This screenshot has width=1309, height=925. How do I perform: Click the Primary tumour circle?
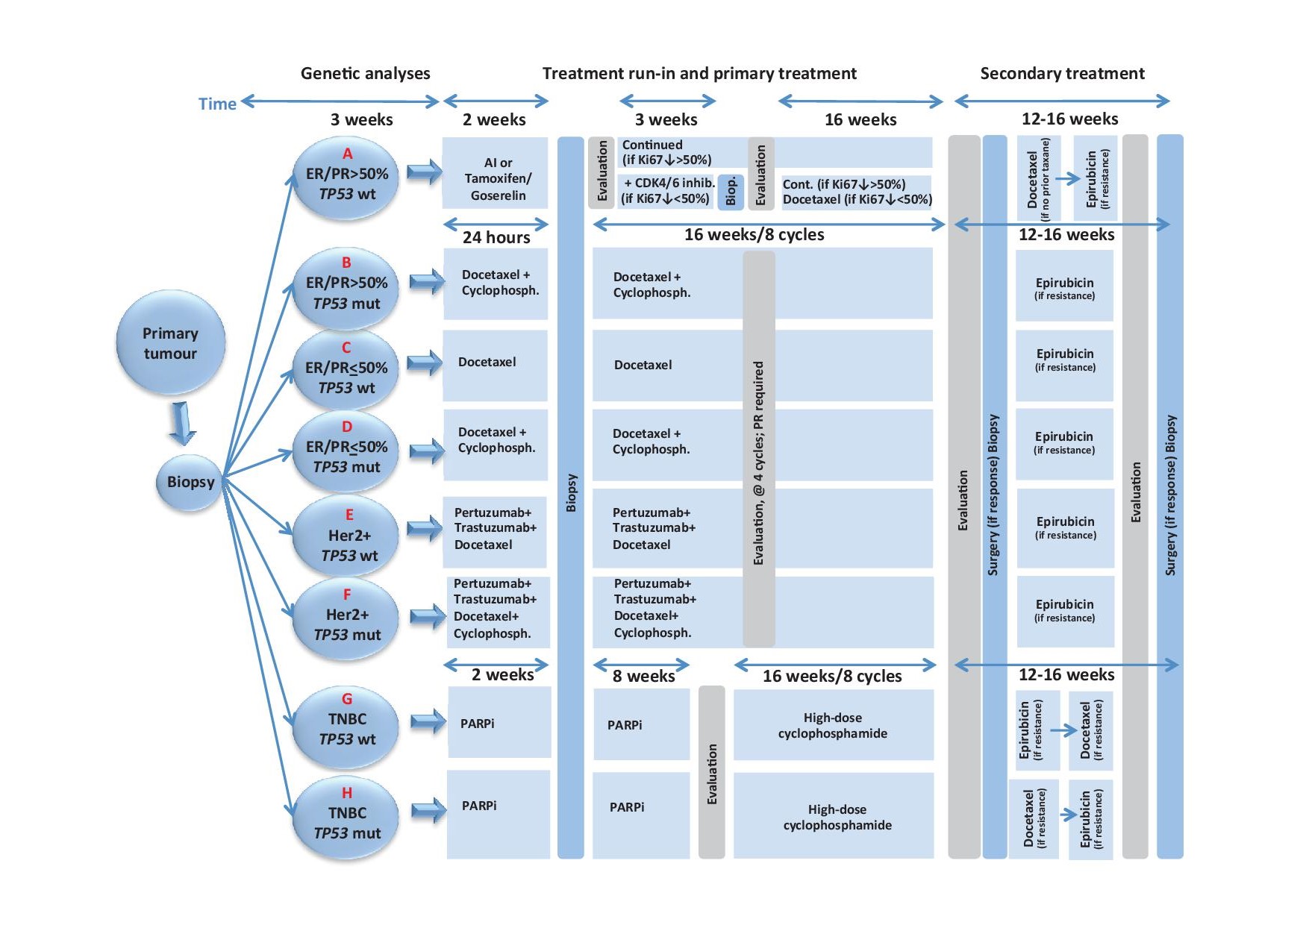point(170,342)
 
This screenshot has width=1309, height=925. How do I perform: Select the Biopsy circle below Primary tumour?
point(190,482)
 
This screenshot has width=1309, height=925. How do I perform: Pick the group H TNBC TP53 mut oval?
point(346,818)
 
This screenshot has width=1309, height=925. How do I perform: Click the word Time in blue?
point(217,104)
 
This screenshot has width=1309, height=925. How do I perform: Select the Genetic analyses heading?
point(365,73)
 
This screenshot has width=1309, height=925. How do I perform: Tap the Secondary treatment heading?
point(1062,73)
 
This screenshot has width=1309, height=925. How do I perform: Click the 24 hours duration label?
point(496,237)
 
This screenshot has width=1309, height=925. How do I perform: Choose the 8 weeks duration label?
point(643,676)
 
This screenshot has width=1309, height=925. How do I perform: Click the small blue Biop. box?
point(731,192)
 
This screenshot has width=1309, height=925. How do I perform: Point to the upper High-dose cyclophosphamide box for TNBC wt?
point(833,725)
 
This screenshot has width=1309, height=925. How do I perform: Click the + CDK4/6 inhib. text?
point(669,183)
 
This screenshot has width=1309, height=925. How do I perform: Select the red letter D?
point(346,427)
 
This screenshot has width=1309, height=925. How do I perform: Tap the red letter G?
point(347,699)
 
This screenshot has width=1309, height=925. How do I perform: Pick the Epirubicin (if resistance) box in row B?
point(1064,286)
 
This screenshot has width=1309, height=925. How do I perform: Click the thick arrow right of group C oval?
point(425,363)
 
